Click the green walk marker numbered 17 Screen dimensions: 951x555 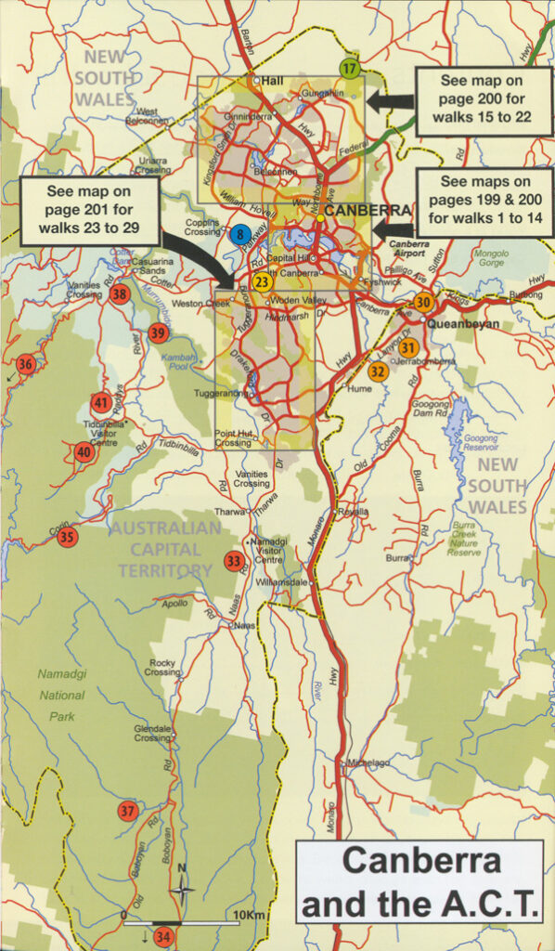coord(349,68)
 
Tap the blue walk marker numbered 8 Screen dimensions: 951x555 coord(239,233)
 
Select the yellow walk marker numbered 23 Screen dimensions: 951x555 coord(263,280)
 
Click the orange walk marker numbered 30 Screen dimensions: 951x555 coord(423,302)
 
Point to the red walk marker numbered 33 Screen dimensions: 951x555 coord(234,561)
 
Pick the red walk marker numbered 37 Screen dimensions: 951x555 coord(128,811)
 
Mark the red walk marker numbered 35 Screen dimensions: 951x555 coord(66,537)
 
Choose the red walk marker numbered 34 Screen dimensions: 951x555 coord(164,935)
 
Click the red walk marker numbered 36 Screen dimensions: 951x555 coord(26,364)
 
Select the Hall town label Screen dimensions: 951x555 coord(273,81)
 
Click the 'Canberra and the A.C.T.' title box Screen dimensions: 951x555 coord(419,881)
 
